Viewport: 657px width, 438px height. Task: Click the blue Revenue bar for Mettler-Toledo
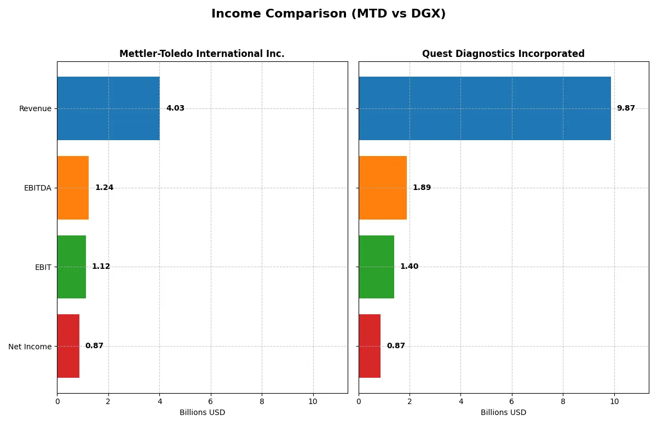[x=108, y=108]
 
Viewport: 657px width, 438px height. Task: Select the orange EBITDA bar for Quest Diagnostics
[x=383, y=188]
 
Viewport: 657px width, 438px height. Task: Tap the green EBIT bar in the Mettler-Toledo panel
[x=72, y=267]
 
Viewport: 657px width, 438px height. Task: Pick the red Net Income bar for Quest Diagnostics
[x=370, y=346]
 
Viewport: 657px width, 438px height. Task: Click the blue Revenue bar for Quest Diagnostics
[x=485, y=108]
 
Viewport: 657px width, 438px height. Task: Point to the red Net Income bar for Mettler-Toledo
[x=68, y=346]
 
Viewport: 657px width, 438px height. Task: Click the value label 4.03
[x=175, y=108]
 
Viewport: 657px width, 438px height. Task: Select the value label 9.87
[x=626, y=108]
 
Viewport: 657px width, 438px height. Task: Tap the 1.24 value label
[x=104, y=188]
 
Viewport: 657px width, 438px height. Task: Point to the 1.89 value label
[x=422, y=188]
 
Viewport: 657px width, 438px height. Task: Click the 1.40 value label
[x=409, y=267]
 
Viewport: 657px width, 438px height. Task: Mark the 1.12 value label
[x=101, y=267]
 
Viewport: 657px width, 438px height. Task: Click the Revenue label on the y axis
[x=35, y=109]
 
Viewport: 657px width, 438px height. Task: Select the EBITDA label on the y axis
[x=37, y=188]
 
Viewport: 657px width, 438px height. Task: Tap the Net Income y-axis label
[x=30, y=347]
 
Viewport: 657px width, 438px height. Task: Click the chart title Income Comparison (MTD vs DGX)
[x=328, y=14]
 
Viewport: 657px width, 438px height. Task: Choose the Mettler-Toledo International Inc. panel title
[x=202, y=54]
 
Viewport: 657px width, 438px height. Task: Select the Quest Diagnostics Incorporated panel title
[x=503, y=54]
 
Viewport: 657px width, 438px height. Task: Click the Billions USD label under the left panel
[x=202, y=413]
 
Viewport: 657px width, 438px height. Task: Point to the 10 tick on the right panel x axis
[x=614, y=401]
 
